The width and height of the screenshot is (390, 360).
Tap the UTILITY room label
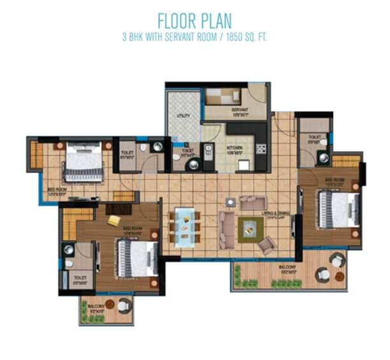(184, 116)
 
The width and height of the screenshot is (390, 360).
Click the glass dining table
(185, 226)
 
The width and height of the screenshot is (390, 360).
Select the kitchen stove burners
(261, 148)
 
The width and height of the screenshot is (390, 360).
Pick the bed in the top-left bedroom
(83, 162)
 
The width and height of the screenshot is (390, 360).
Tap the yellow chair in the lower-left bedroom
(113, 220)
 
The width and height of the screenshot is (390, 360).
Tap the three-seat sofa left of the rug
(224, 229)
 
